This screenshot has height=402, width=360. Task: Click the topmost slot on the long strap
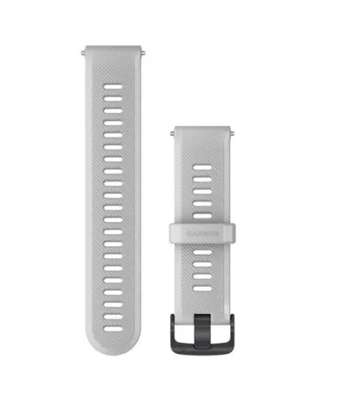coord(113,82)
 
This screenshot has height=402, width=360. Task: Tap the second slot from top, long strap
coord(113,94)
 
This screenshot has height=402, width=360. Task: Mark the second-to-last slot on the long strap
coord(113,292)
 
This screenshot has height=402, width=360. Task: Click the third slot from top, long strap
coord(113,107)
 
